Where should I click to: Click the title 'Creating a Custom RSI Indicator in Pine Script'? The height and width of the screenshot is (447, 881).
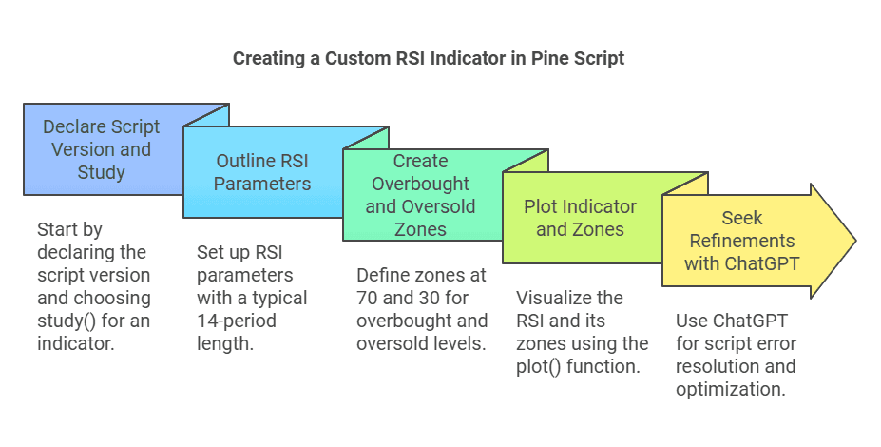click(429, 58)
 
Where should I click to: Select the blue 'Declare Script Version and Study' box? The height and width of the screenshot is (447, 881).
click(102, 148)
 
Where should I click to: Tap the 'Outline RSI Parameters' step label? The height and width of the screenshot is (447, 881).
click(261, 171)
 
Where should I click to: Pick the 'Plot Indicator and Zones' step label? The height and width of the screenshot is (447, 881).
click(580, 217)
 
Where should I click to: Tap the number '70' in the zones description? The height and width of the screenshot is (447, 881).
click(367, 298)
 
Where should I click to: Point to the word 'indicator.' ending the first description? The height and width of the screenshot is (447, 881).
click(75, 343)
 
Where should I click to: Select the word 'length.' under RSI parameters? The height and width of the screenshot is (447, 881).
click(225, 343)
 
